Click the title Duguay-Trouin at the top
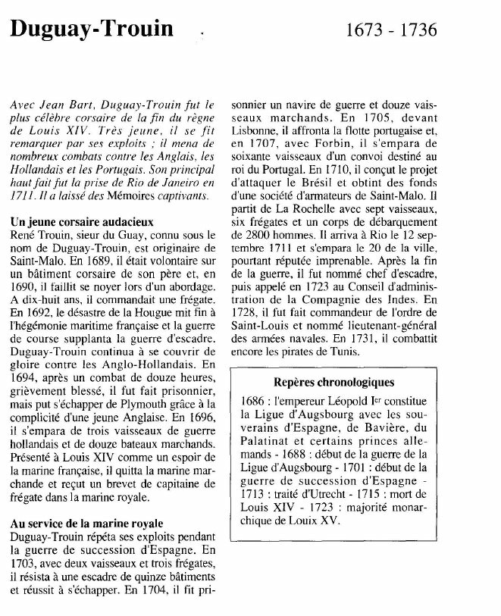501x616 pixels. [91, 30]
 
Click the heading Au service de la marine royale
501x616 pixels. [86, 524]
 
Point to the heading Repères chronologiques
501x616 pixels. [333, 382]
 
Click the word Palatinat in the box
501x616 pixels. [267, 442]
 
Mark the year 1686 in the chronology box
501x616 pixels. [252, 402]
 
